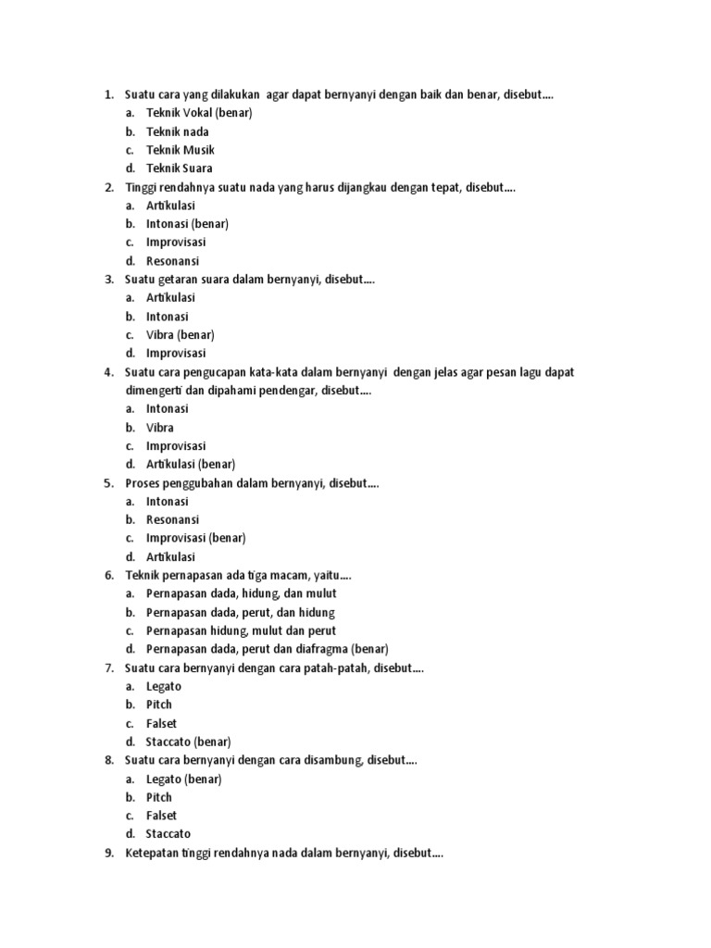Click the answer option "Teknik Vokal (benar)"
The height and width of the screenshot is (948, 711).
pyautogui.click(x=199, y=113)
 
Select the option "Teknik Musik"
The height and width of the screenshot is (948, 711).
pyautogui.click(x=181, y=150)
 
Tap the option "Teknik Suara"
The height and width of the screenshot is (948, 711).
pyautogui.click(x=180, y=168)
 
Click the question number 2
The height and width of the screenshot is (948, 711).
pyautogui.click(x=108, y=187)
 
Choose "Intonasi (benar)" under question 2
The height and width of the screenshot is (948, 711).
pyautogui.click(x=187, y=224)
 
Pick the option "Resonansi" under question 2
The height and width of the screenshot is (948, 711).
pyautogui.click(x=172, y=261)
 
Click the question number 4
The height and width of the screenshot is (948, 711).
pyautogui.click(x=108, y=372)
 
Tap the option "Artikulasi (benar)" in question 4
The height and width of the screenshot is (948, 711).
pyautogui.click(x=191, y=465)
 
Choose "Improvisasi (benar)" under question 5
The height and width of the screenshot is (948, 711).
pyautogui.click(x=195, y=538)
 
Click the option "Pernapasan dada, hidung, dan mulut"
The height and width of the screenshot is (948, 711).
pyautogui.click(x=241, y=593)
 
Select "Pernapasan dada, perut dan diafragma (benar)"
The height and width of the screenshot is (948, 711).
pyautogui.click(x=267, y=649)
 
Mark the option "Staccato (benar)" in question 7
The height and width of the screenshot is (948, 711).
pyautogui.click(x=188, y=742)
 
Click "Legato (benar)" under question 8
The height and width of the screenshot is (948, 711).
pyautogui.click(x=183, y=779)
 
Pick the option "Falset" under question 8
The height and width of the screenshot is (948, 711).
pyautogui.click(x=161, y=816)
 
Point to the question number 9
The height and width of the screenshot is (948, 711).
pyautogui.click(x=108, y=853)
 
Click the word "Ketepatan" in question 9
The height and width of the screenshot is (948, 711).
pyautogui.click(x=153, y=853)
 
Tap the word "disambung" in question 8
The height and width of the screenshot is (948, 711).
pyautogui.click(x=333, y=760)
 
